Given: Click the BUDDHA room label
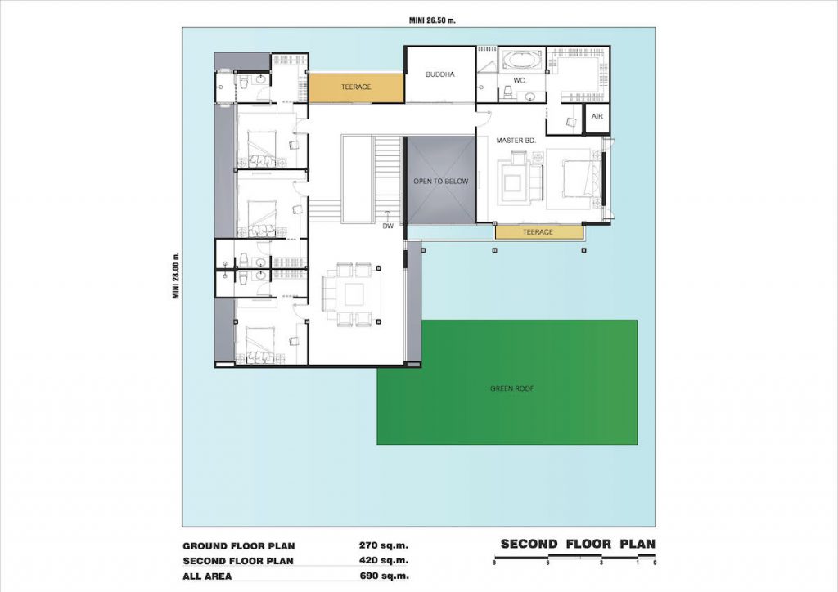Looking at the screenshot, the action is click(439, 74).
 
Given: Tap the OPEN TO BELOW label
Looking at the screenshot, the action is click(441, 182).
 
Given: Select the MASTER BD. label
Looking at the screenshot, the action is click(516, 141).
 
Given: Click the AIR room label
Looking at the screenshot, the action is click(597, 116).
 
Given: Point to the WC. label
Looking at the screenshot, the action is click(520, 81).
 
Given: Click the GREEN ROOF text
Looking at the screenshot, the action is click(512, 388).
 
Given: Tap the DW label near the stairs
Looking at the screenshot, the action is click(388, 226).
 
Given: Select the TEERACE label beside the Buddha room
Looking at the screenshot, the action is click(356, 87).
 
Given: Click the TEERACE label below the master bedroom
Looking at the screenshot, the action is click(538, 232).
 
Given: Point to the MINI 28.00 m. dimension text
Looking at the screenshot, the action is click(176, 276).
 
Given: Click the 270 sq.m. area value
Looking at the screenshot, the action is click(384, 545).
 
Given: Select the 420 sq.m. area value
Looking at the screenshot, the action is click(384, 560).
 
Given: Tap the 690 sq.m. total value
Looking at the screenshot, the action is click(384, 576).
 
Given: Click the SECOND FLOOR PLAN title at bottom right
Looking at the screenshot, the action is click(578, 545).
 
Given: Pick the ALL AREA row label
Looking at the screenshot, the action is click(207, 576).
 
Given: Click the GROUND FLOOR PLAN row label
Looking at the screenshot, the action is click(239, 546).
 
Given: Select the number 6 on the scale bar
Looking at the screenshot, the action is click(547, 563).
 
